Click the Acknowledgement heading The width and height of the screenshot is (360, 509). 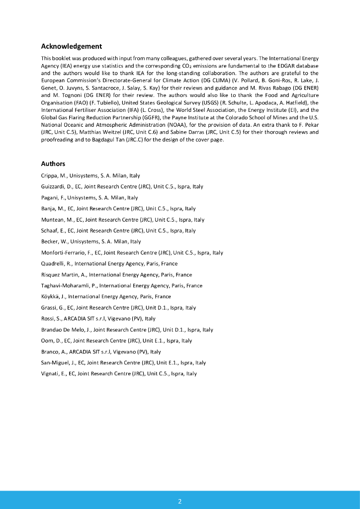coord(71,46)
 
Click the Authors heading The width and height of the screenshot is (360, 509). coord(53,164)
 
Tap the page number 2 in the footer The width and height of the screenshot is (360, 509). coord(180,501)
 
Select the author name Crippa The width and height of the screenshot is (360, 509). coord(49,176)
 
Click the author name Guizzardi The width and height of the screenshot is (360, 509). coord(53,187)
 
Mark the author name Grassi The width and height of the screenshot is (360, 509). coord(49,308)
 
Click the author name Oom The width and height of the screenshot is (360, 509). coord(47,340)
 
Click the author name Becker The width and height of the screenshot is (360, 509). coord(50,242)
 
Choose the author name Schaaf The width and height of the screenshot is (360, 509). coord(50,231)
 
